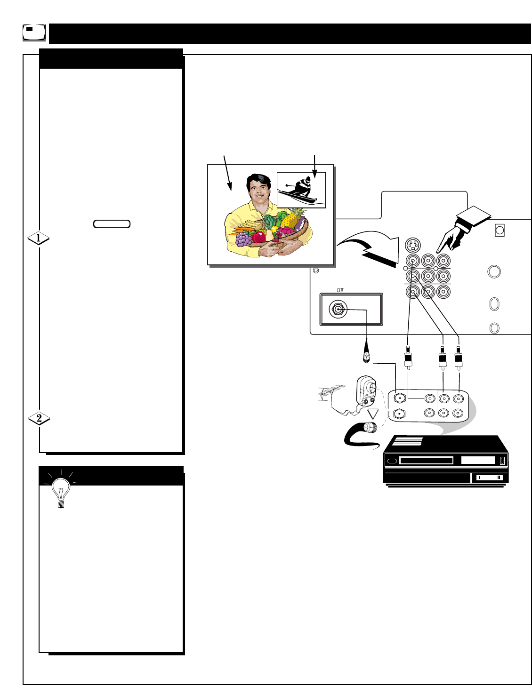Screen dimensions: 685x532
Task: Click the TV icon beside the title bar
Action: coord(34,32)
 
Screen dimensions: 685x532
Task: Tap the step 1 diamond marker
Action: coord(39,239)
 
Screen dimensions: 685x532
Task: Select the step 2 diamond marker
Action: coord(39,418)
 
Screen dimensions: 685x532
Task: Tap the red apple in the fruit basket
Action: coord(258,237)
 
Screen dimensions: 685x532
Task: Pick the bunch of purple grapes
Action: coord(243,239)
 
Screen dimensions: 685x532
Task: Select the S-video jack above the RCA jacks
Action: coord(412,246)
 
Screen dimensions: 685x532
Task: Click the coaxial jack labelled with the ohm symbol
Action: coord(338,310)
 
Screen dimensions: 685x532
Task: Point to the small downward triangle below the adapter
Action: coord(373,414)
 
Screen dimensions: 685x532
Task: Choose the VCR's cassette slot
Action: coord(426,461)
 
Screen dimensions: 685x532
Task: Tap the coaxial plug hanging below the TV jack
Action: coord(365,358)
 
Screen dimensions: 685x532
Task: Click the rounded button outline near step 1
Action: coord(112,224)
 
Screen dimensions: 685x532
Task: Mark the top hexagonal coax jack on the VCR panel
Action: coord(400,398)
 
